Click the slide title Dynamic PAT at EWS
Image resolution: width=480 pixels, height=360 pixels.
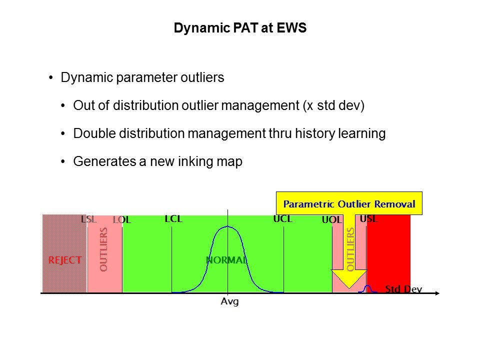[x=240, y=28]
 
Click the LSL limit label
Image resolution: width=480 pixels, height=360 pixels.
[x=89, y=219]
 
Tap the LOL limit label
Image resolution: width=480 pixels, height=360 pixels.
[x=122, y=219]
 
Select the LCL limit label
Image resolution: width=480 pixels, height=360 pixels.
[x=173, y=219]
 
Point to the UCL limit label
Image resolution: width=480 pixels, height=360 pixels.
[x=283, y=218]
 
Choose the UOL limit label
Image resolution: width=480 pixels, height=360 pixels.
[x=332, y=219]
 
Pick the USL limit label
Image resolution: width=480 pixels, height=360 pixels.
[x=369, y=218]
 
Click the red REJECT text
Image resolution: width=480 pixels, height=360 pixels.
[x=65, y=260]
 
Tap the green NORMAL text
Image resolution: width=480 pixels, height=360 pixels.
[x=227, y=260]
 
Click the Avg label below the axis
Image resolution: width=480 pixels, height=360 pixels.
[x=229, y=301]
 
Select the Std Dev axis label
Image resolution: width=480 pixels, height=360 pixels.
[x=403, y=289]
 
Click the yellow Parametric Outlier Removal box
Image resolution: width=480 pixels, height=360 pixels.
[x=349, y=203]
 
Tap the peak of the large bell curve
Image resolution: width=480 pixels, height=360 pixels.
[x=228, y=226]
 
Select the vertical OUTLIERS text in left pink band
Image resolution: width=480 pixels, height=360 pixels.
[x=104, y=249]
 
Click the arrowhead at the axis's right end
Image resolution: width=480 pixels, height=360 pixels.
[x=437, y=293]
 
